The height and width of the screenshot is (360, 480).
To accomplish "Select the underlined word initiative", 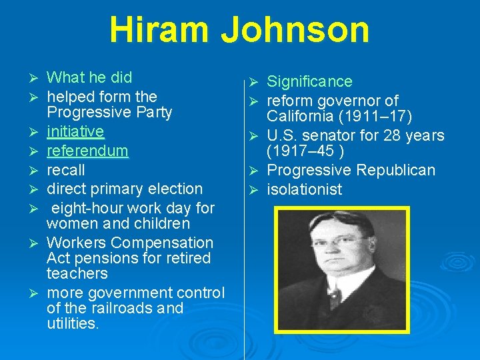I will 75,131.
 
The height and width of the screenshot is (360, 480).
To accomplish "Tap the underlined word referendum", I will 87,151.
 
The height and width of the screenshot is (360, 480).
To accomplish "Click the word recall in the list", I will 66,169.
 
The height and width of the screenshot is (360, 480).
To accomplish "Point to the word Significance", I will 309,82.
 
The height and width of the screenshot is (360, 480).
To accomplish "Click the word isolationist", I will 305,190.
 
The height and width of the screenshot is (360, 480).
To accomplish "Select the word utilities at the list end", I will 73,324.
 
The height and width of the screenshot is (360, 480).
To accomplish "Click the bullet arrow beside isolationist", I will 253,190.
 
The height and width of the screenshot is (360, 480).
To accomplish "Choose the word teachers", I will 77,273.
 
